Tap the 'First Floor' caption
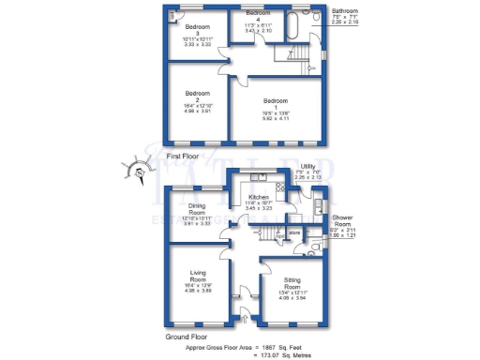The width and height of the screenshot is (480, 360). coord(184,156)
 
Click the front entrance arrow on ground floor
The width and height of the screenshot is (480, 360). coord(247,320)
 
